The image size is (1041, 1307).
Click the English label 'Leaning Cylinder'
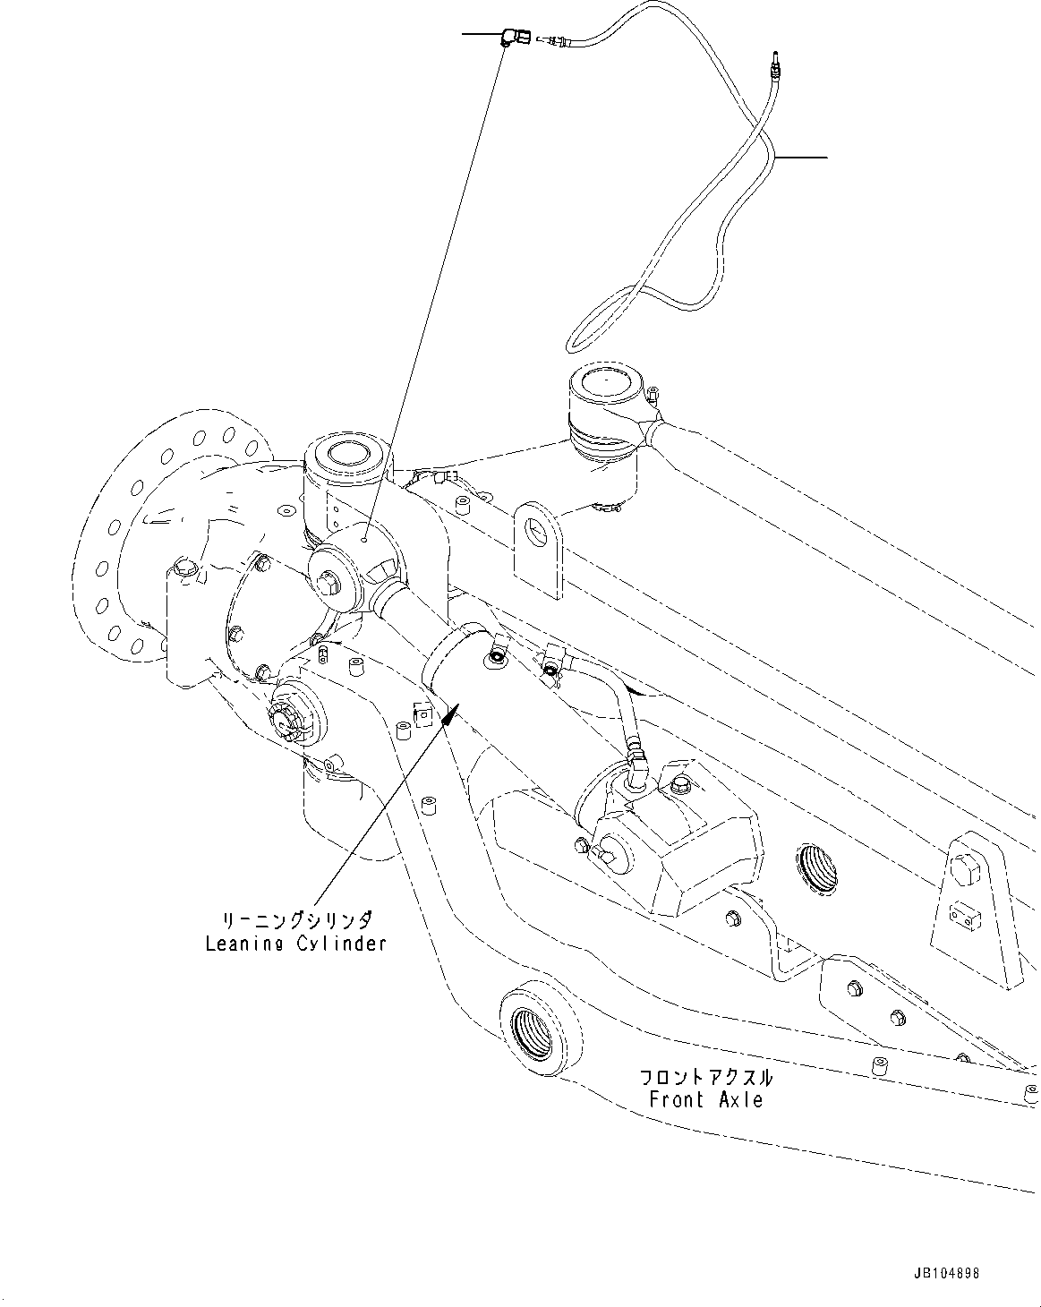point(296,943)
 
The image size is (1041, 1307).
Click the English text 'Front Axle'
point(706,1099)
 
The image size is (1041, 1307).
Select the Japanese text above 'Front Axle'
point(706,1077)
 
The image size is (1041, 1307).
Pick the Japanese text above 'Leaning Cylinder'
point(296,921)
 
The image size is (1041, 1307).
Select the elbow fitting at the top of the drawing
point(510,37)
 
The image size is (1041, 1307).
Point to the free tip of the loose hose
point(775,56)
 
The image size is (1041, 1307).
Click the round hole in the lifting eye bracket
point(534,531)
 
